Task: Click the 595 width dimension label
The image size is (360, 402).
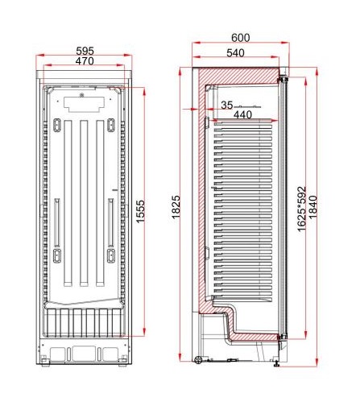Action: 85,51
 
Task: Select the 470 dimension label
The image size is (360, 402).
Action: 85,61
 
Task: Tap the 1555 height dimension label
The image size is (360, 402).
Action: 140,211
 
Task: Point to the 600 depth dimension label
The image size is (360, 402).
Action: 241,38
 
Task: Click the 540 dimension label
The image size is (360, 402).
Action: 235,53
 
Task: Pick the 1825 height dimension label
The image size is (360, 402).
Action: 176,207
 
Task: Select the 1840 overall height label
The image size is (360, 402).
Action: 313,207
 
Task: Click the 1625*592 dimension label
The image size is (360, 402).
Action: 302,209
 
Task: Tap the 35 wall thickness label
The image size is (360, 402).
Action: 227,106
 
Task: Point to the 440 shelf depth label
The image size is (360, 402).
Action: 242,115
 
